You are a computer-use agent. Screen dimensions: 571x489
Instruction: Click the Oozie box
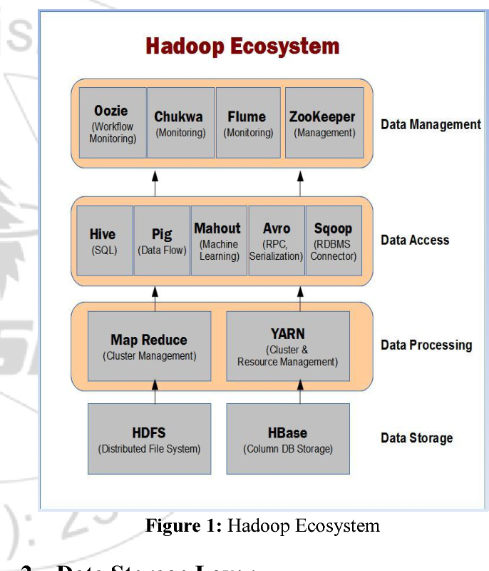pyautogui.click(x=113, y=123)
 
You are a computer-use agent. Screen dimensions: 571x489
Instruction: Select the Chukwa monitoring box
pyautogui.click(x=180, y=123)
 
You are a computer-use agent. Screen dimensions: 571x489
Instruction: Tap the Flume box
pyautogui.click(x=247, y=123)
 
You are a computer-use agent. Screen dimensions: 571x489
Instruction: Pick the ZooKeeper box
pyautogui.click(x=324, y=123)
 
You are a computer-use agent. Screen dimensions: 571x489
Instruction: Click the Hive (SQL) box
pyautogui.click(x=104, y=241)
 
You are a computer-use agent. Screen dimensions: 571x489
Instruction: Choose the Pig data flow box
pyautogui.click(x=162, y=241)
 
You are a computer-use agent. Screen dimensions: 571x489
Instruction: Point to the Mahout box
pyautogui.click(x=219, y=241)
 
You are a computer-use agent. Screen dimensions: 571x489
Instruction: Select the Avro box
pyautogui.click(x=276, y=241)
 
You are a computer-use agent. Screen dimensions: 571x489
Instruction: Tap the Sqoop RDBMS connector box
pyautogui.click(x=334, y=241)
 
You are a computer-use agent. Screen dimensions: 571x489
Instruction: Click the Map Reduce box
pyautogui.click(x=149, y=346)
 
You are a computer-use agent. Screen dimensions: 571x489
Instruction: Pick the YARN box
pyautogui.click(x=288, y=346)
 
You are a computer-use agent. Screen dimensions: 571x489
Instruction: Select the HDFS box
pyautogui.click(x=149, y=439)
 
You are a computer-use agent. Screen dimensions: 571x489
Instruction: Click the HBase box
pyautogui.click(x=288, y=439)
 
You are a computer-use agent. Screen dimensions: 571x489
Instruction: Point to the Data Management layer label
pyautogui.click(x=431, y=124)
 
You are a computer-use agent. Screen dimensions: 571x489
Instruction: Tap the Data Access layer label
pyautogui.click(x=415, y=240)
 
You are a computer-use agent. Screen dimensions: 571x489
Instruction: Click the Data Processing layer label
pyautogui.click(x=426, y=345)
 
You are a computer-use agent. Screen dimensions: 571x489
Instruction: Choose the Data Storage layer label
pyautogui.click(x=416, y=438)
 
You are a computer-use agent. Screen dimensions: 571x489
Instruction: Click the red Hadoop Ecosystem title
pyautogui.click(x=242, y=47)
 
